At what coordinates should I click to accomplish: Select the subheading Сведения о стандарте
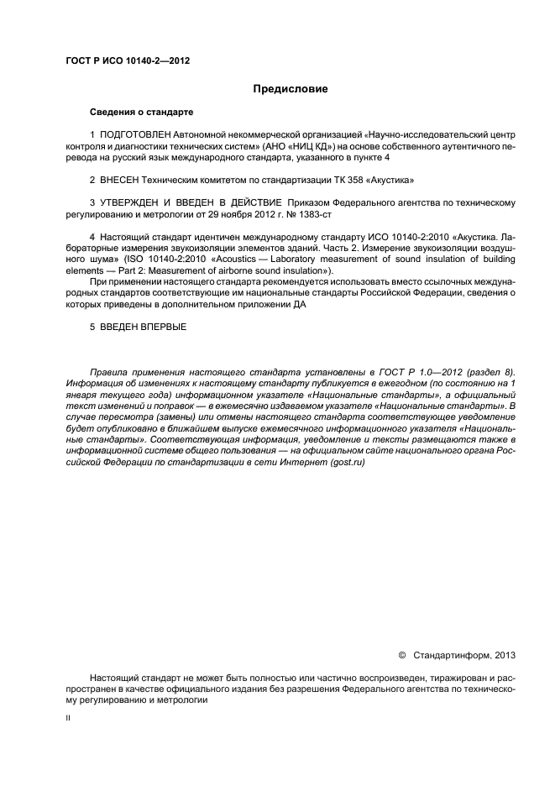point(141,112)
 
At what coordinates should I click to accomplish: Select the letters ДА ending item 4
point(299,305)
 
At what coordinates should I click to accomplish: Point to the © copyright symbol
point(401,654)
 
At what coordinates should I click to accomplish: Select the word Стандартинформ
point(453,654)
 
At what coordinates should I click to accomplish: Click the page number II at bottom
point(69,718)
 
